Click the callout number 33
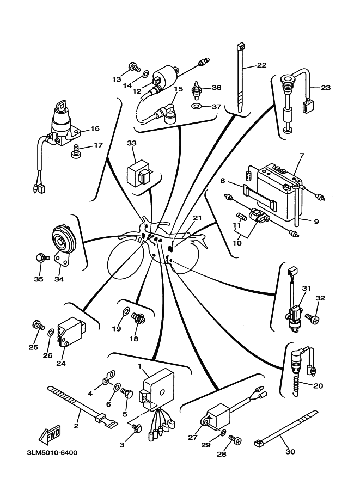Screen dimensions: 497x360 click(x=131, y=143)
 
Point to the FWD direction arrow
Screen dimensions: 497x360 click(x=48, y=434)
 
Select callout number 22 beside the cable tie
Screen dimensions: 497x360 click(x=261, y=66)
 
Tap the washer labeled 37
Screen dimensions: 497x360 click(x=197, y=106)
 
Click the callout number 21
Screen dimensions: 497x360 click(x=197, y=219)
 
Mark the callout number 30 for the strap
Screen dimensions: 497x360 click(x=290, y=451)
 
